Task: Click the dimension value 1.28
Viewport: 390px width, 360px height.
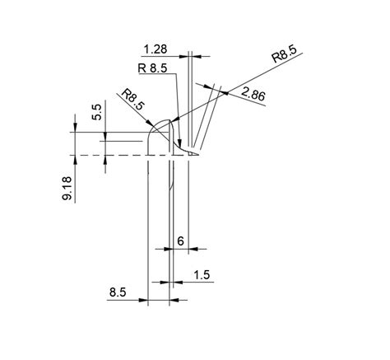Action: [x=156, y=49]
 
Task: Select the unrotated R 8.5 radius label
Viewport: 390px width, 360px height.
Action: [x=152, y=68]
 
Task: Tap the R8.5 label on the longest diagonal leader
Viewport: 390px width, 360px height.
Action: [x=285, y=54]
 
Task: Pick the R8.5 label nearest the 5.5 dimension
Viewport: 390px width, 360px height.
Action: [x=132, y=99]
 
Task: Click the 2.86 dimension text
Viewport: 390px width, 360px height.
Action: [x=253, y=95]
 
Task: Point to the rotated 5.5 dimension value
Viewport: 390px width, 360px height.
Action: [x=97, y=112]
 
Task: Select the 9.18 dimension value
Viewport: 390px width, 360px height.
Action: [x=67, y=189]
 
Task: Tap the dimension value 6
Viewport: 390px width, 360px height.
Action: [x=180, y=241]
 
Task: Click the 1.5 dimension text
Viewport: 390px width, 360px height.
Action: [x=202, y=274]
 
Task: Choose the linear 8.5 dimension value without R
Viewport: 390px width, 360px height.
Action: [x=118, y=292]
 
